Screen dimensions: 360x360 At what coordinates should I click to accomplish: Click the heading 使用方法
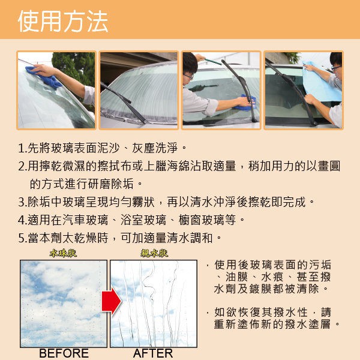point(63,21)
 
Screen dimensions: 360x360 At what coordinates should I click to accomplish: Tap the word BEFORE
point(64,353)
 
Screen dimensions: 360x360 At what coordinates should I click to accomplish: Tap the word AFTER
point(153,353)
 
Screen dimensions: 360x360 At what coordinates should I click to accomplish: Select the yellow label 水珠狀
point(63,253)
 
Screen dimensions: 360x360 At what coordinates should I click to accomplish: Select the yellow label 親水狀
point(154,253)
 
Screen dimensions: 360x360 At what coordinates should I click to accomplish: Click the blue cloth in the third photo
point(246,103)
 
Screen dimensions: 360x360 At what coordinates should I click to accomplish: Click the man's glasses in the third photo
point(189,76)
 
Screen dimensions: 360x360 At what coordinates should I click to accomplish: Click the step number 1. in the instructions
point(23,148)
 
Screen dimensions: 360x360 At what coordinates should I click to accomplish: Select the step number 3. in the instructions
point(23,202)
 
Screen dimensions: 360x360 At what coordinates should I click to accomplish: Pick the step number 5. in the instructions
point(23,238)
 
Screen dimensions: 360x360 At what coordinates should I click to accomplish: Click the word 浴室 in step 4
point(131,220)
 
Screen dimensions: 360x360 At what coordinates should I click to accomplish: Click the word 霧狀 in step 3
point(143,202)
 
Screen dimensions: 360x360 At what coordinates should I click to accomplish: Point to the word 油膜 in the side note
point(236,277)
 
